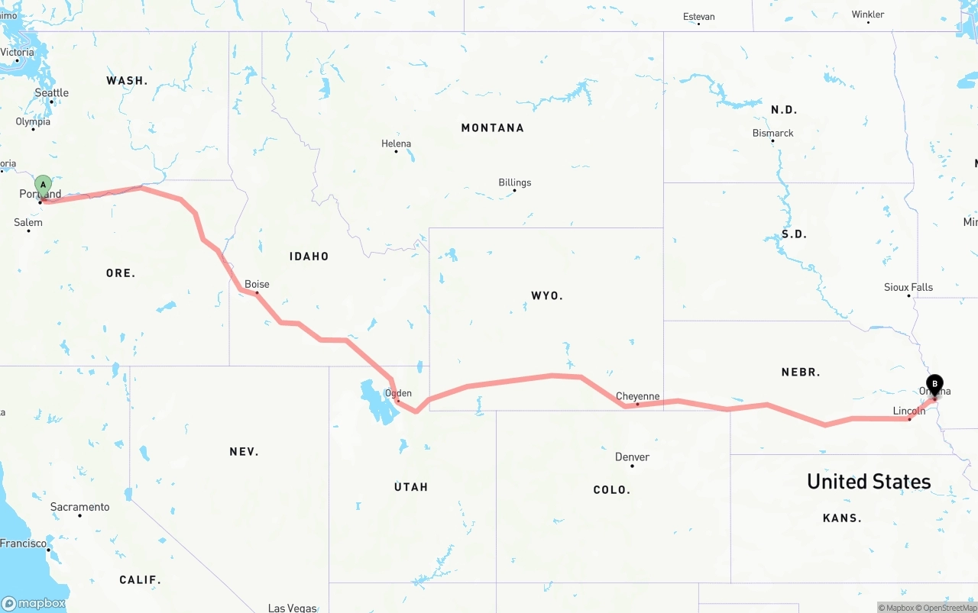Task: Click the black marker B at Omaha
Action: pyautogui.click(x=934, y=384)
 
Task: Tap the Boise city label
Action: pyautogui.click(x=257, y=284)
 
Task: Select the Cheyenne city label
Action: pyautogui.click(x=637, y=396)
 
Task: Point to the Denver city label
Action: pyautogui.click(x=632, y=457)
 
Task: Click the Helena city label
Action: pyautogui.click(x=396, y=144)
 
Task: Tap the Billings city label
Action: pyautogui.click(x=514, y=182)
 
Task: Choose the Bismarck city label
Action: pyautogui.click(x=772, y=133)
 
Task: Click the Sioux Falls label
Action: pyautogui.click(x=908, y=287)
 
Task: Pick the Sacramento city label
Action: pyautogui.click(x=79, y=507)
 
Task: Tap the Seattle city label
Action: pyautogui.click(x=52, y=93)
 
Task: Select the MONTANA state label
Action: pyautogui.click(x=492, y=127)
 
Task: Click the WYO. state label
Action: pyautogui.click(x=546, y=295)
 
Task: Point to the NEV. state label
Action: pyautogui.click(x=244, y=452)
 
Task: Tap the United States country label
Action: pyautogui.click(x=869, y=482)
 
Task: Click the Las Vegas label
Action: pyautogui.click(x=292, y=608)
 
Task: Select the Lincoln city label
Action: pyautogui.click(x=908, y=411)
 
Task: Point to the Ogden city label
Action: pyautogui.click(x=398, y=393)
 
